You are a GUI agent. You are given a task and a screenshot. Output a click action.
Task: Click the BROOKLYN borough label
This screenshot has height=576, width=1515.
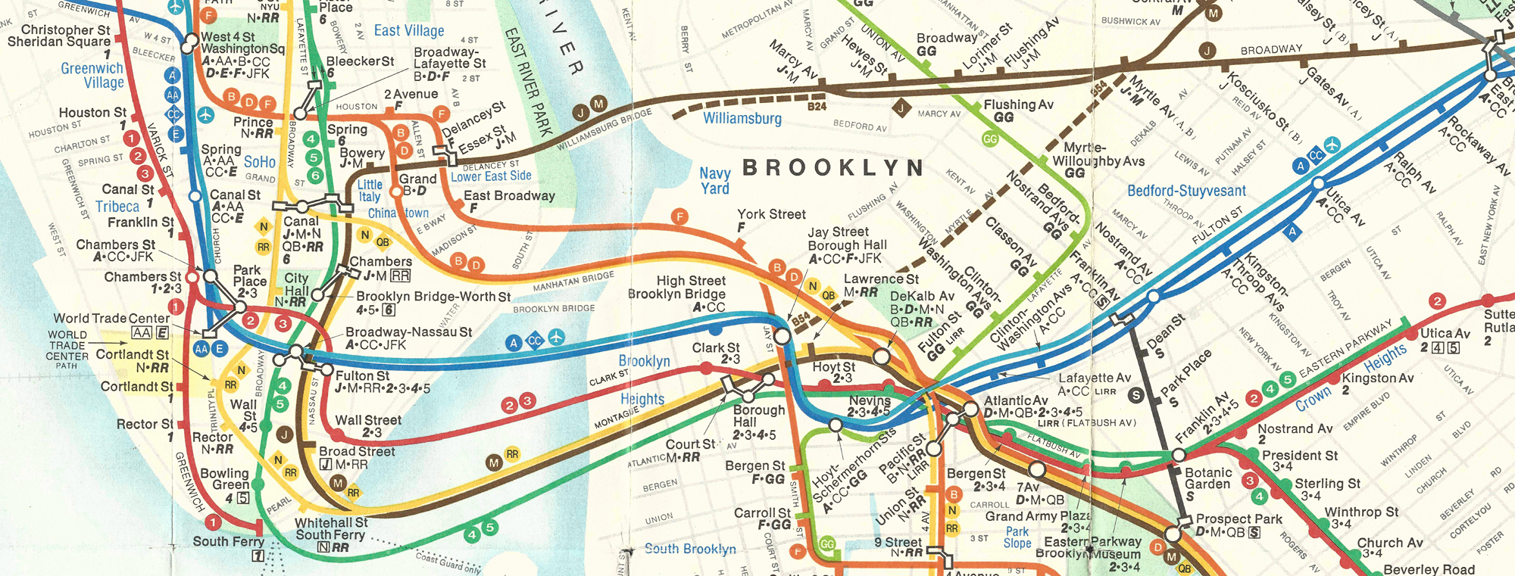click(832, 168)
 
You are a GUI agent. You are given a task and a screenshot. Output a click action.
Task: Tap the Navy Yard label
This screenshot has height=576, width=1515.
click(714, 181)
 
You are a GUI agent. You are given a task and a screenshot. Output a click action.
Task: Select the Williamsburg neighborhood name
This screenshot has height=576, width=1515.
click(742, 118)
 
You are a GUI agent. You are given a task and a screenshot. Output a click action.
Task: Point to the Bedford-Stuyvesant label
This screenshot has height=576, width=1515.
click(1185, 191)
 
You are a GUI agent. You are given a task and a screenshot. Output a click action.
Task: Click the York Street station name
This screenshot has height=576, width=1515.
click(771, 214)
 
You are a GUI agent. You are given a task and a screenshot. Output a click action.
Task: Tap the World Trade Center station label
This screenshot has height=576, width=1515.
click(111, 318)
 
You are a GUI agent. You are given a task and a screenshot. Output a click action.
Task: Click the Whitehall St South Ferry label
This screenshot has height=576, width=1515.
click(331, 528)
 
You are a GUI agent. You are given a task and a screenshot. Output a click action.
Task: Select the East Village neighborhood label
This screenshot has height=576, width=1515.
click(409, 30)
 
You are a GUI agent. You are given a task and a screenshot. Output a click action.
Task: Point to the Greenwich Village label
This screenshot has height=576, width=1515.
click(93, 75)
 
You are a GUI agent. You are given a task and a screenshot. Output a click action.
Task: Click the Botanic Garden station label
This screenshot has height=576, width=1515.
click(1207, 478)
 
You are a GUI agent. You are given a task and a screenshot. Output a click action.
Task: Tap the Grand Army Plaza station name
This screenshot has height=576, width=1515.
click(1035, 516)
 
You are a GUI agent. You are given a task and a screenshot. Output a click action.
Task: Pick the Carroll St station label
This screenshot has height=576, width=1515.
click(761, 512)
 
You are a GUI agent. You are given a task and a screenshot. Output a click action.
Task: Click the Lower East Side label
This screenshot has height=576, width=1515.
click(491, 176)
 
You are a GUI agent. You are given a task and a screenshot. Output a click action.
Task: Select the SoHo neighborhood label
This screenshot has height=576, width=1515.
click(260, 162)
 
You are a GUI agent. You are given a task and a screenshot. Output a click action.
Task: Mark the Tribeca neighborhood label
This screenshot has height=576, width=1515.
click(117, 207)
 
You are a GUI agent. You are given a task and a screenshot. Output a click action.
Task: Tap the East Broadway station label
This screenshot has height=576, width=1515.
click(509, 195)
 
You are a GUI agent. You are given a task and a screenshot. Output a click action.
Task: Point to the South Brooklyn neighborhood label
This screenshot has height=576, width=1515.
click(689, 549)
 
